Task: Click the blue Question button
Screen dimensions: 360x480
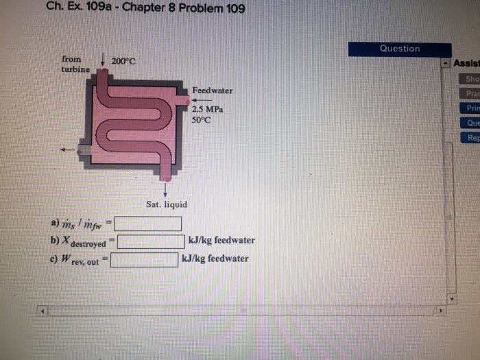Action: coord(399,49)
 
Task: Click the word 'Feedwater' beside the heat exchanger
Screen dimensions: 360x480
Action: coord(212,91)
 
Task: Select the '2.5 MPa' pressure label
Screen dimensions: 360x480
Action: coord(207,110)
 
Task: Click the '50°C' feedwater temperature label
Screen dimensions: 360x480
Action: coord(202,120)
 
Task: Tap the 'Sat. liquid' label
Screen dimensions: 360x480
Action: coord(166,204)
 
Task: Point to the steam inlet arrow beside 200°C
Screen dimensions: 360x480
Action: coord(102,62)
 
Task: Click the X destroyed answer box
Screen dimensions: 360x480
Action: coord(150,241)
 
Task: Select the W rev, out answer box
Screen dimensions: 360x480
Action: coord(145,259)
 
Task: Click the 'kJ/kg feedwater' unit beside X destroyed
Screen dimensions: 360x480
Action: coord(221,241)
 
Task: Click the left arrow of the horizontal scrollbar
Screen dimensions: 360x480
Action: coord(43,311)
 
